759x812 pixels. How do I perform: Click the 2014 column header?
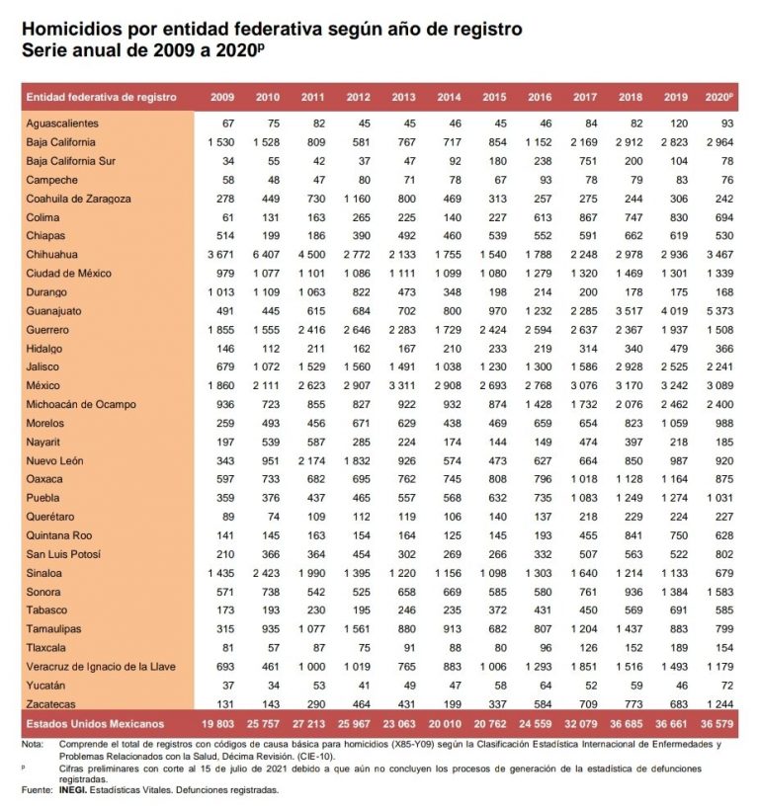(447, 97)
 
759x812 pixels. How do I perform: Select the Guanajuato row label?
(57, 311)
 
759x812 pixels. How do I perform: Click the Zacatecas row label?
(53, 703)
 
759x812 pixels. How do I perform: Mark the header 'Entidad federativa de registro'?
(102, 97)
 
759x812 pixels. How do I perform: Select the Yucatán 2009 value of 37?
(226, 685)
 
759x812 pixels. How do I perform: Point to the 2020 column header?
(718, 97)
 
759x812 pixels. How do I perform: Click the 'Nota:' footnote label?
(35, 742)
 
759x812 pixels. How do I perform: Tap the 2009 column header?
(221, 97)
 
